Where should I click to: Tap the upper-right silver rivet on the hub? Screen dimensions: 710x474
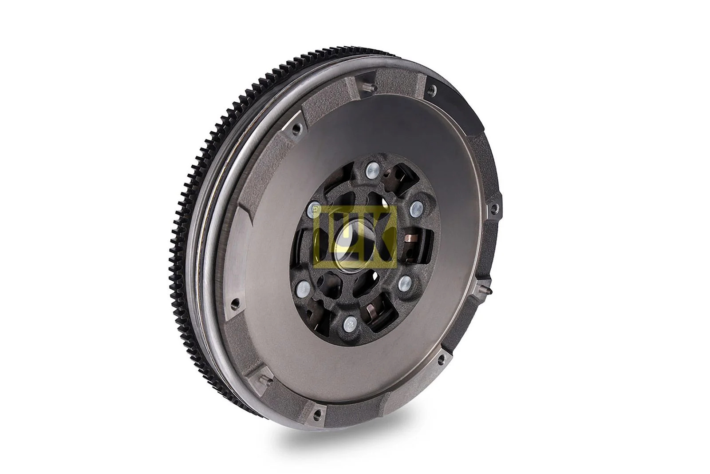point(417,207)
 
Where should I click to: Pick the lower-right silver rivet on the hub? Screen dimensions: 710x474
point(404,283)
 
